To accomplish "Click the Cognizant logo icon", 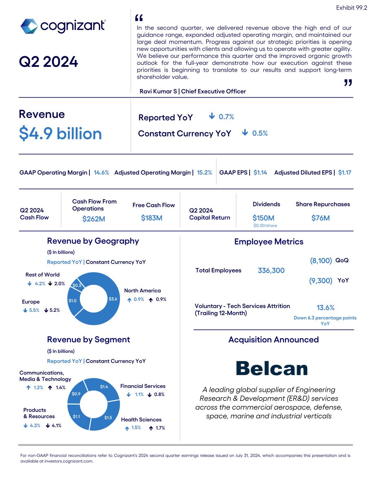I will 29,26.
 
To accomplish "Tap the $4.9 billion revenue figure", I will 60,134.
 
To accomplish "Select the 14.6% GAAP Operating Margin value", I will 101,173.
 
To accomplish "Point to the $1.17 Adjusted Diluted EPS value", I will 344,173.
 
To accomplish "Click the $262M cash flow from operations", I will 94,219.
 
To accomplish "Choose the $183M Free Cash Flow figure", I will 151,218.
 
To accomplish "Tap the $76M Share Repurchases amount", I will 320,218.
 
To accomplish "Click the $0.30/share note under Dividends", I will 265,226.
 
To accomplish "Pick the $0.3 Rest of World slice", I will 77,285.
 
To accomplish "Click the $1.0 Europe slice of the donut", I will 72,301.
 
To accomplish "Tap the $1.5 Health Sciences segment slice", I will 108,418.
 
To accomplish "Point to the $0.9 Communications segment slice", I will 76,393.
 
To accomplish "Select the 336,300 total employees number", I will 271,271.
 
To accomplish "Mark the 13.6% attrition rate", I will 325,308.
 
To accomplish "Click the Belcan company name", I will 272,369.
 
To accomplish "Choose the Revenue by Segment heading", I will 88,340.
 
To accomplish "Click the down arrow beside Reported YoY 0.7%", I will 212,116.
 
